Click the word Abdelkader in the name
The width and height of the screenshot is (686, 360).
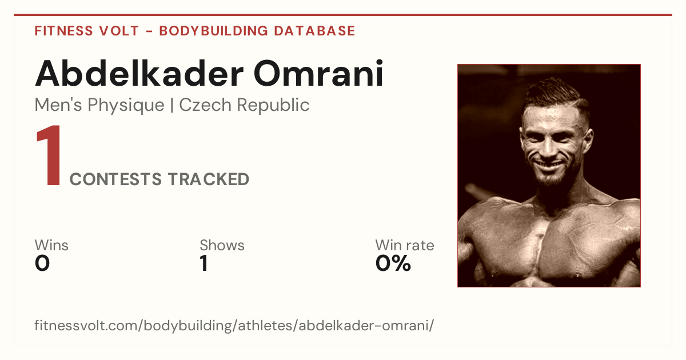pos(139,74)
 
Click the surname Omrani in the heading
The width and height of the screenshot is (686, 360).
pos(318,74)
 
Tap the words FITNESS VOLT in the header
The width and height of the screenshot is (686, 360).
pos(87,31)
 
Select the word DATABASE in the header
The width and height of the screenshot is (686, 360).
pos(314,31)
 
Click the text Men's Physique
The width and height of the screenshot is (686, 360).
pos(99,105)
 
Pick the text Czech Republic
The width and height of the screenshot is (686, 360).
pos(244,105)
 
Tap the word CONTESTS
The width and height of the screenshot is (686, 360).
pos(115,179)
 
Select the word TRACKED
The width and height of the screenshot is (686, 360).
pos(209,179)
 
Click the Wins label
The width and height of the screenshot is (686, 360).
pos(51,245)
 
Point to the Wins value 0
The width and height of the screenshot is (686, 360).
pos(42,263)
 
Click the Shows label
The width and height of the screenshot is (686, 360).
pos(222,245)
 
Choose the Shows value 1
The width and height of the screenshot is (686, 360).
pos(204,263)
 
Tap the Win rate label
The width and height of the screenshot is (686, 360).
pos(405,245)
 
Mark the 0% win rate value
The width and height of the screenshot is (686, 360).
pos(393,263)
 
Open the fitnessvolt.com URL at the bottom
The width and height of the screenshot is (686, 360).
pos(234,325)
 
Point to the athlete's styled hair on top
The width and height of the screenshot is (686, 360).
pos(555,92)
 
